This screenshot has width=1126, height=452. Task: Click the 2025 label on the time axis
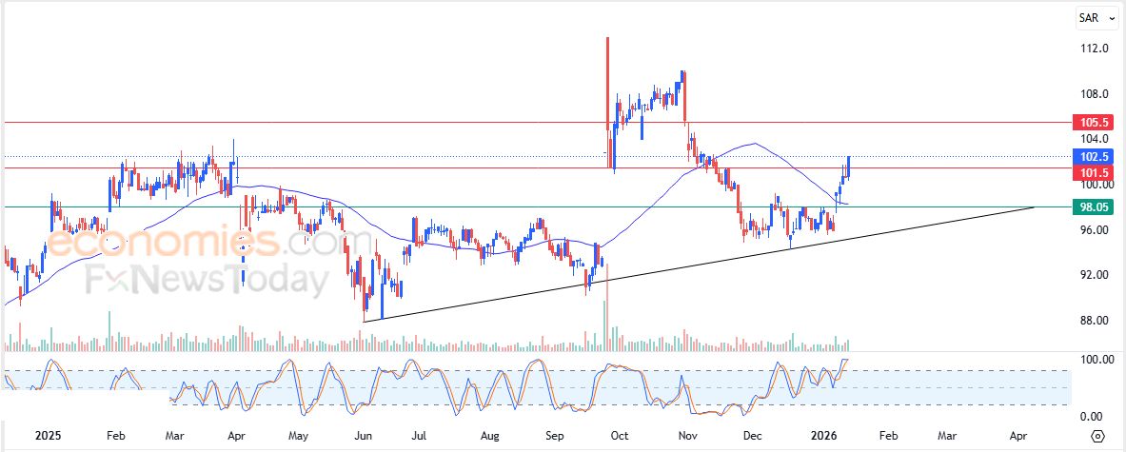pyautogui.click(x=49, y=435)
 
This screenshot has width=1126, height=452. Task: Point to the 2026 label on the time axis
pyautogui.click(x=823, y=435)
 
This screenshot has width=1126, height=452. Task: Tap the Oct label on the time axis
pyautogui.click(x=619, y=435)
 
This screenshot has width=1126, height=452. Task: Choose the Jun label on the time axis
pyautogui.click(x=363, y=435)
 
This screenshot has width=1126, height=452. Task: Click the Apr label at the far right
pyautogui.click(x=1018, y=435)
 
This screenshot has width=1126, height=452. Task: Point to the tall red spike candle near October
pyautogui.click(x=607, y=86)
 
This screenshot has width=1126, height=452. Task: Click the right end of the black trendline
pyautogui.click(x=1034, y=206)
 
